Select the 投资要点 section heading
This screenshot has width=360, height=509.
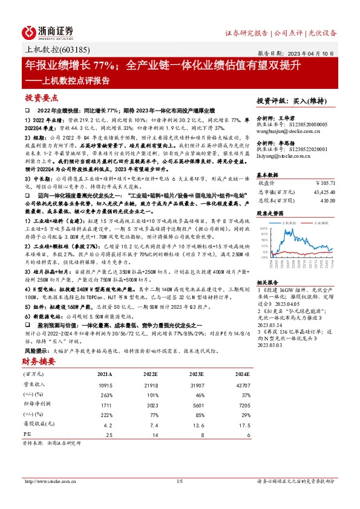click(x=41, y=97)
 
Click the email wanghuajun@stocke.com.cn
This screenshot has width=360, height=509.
click(x=283, y=128)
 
